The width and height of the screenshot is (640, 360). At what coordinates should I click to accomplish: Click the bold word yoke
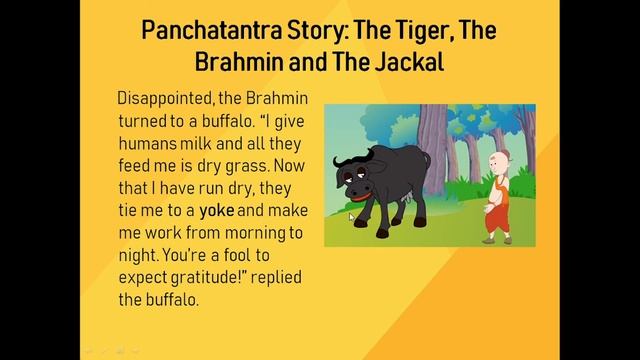pos(216,211)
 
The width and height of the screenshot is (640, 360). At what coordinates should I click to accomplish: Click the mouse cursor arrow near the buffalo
pos(352,216)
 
